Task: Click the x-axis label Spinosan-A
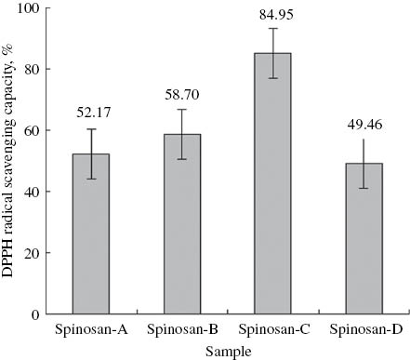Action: (x=98, y=329)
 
